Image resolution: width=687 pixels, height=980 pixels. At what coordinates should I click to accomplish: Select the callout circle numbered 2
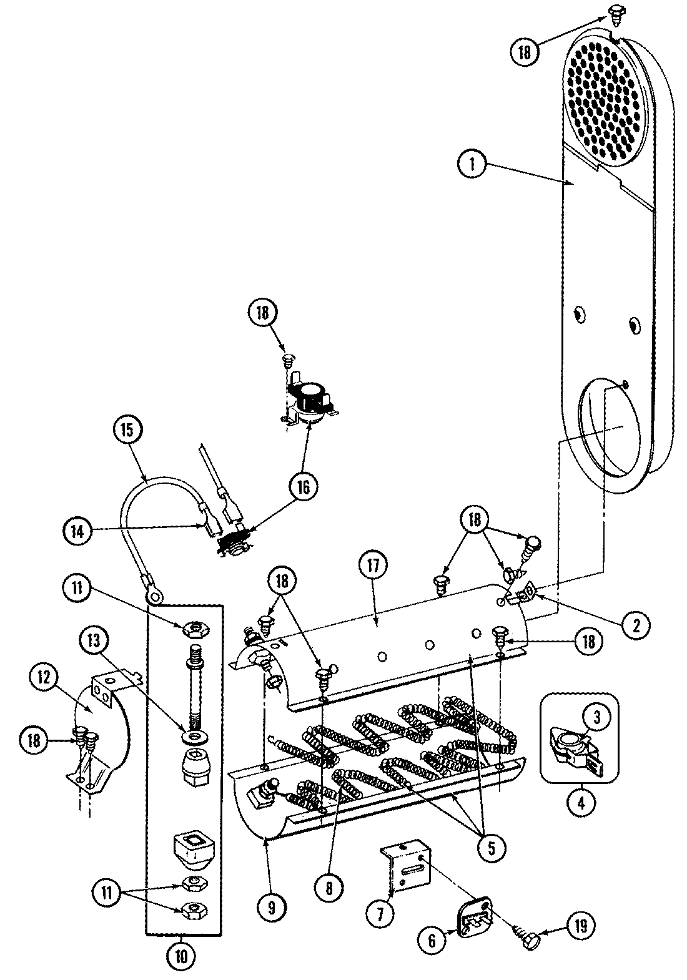coord(635,625)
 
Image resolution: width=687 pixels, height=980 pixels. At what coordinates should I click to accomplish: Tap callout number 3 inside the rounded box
coord(596,718)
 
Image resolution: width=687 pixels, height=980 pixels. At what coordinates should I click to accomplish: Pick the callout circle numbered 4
coord(581,803)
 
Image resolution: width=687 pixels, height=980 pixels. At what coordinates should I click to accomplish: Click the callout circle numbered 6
coord(432,941)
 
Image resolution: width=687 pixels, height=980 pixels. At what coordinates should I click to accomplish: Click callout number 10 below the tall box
coord(180,955)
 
